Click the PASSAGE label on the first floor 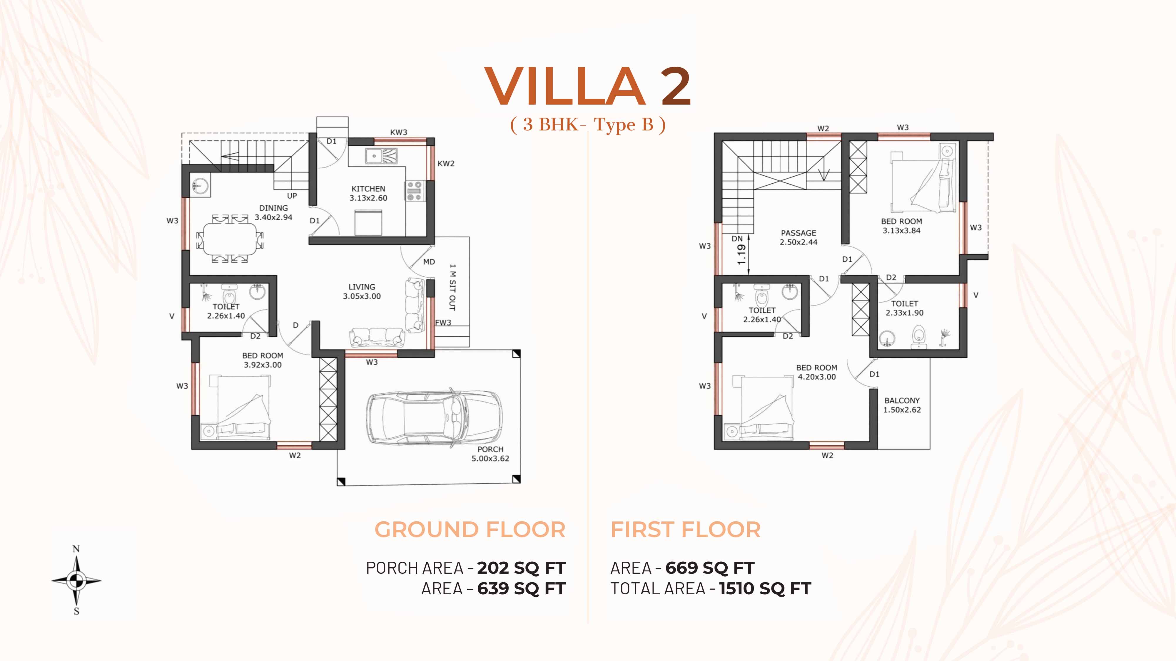click(x=799, y=233)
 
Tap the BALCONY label click(x=902, y=400)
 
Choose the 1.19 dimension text click(x=741, y=254)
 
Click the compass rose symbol click(x=76, y=580)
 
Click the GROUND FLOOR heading click(x=470, y=530)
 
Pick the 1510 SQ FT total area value click(x=765, y=588)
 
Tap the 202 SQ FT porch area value click(x=521, y=568)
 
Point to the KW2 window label click(x=446, y=163)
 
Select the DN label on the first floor click(x=737, y=239)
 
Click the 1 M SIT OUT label click(x=452, y=287)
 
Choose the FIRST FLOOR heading click(x=686, y=530)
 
